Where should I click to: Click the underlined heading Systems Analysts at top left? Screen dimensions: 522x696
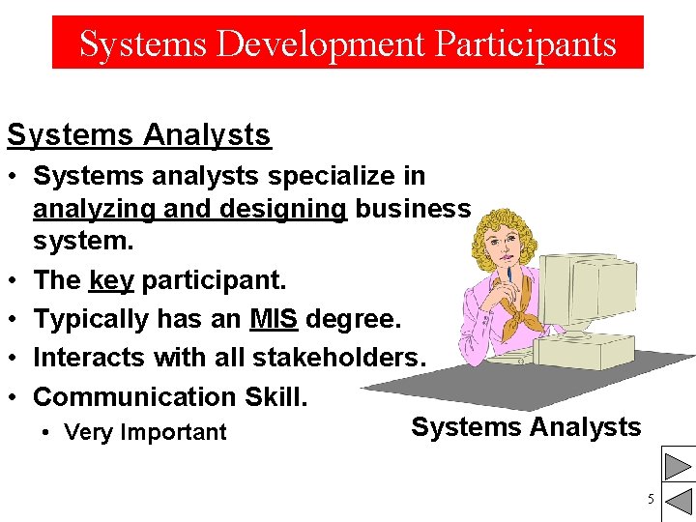[139, 135]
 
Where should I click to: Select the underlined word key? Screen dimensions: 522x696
[111, 280]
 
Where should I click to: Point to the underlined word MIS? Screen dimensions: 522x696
[273, 319]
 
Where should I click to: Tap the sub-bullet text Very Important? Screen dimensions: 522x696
[145, 432]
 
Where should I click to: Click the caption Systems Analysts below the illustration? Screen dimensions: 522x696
[526, 427]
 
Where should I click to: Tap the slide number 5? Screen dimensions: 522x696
[651, 499]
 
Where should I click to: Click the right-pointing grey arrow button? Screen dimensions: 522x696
[678, 467]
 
